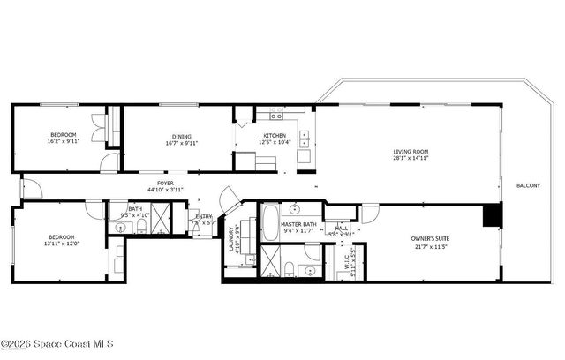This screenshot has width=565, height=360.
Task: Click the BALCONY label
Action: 528,185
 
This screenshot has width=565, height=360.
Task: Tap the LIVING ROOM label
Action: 411,152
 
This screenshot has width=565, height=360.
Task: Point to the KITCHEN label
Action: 275,135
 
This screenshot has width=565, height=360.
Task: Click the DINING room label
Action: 182,135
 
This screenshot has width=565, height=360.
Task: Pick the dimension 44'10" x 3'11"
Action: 165,190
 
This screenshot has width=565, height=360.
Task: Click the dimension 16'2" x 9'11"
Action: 63,141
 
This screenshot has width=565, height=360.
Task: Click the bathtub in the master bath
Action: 268,222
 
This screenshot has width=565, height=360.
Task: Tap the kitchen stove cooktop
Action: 276,115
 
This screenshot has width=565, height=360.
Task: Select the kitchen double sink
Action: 305,140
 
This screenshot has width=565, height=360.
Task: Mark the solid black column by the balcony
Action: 491,215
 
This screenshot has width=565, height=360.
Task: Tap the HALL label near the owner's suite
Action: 341,228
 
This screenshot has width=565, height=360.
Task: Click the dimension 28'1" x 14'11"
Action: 411,159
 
